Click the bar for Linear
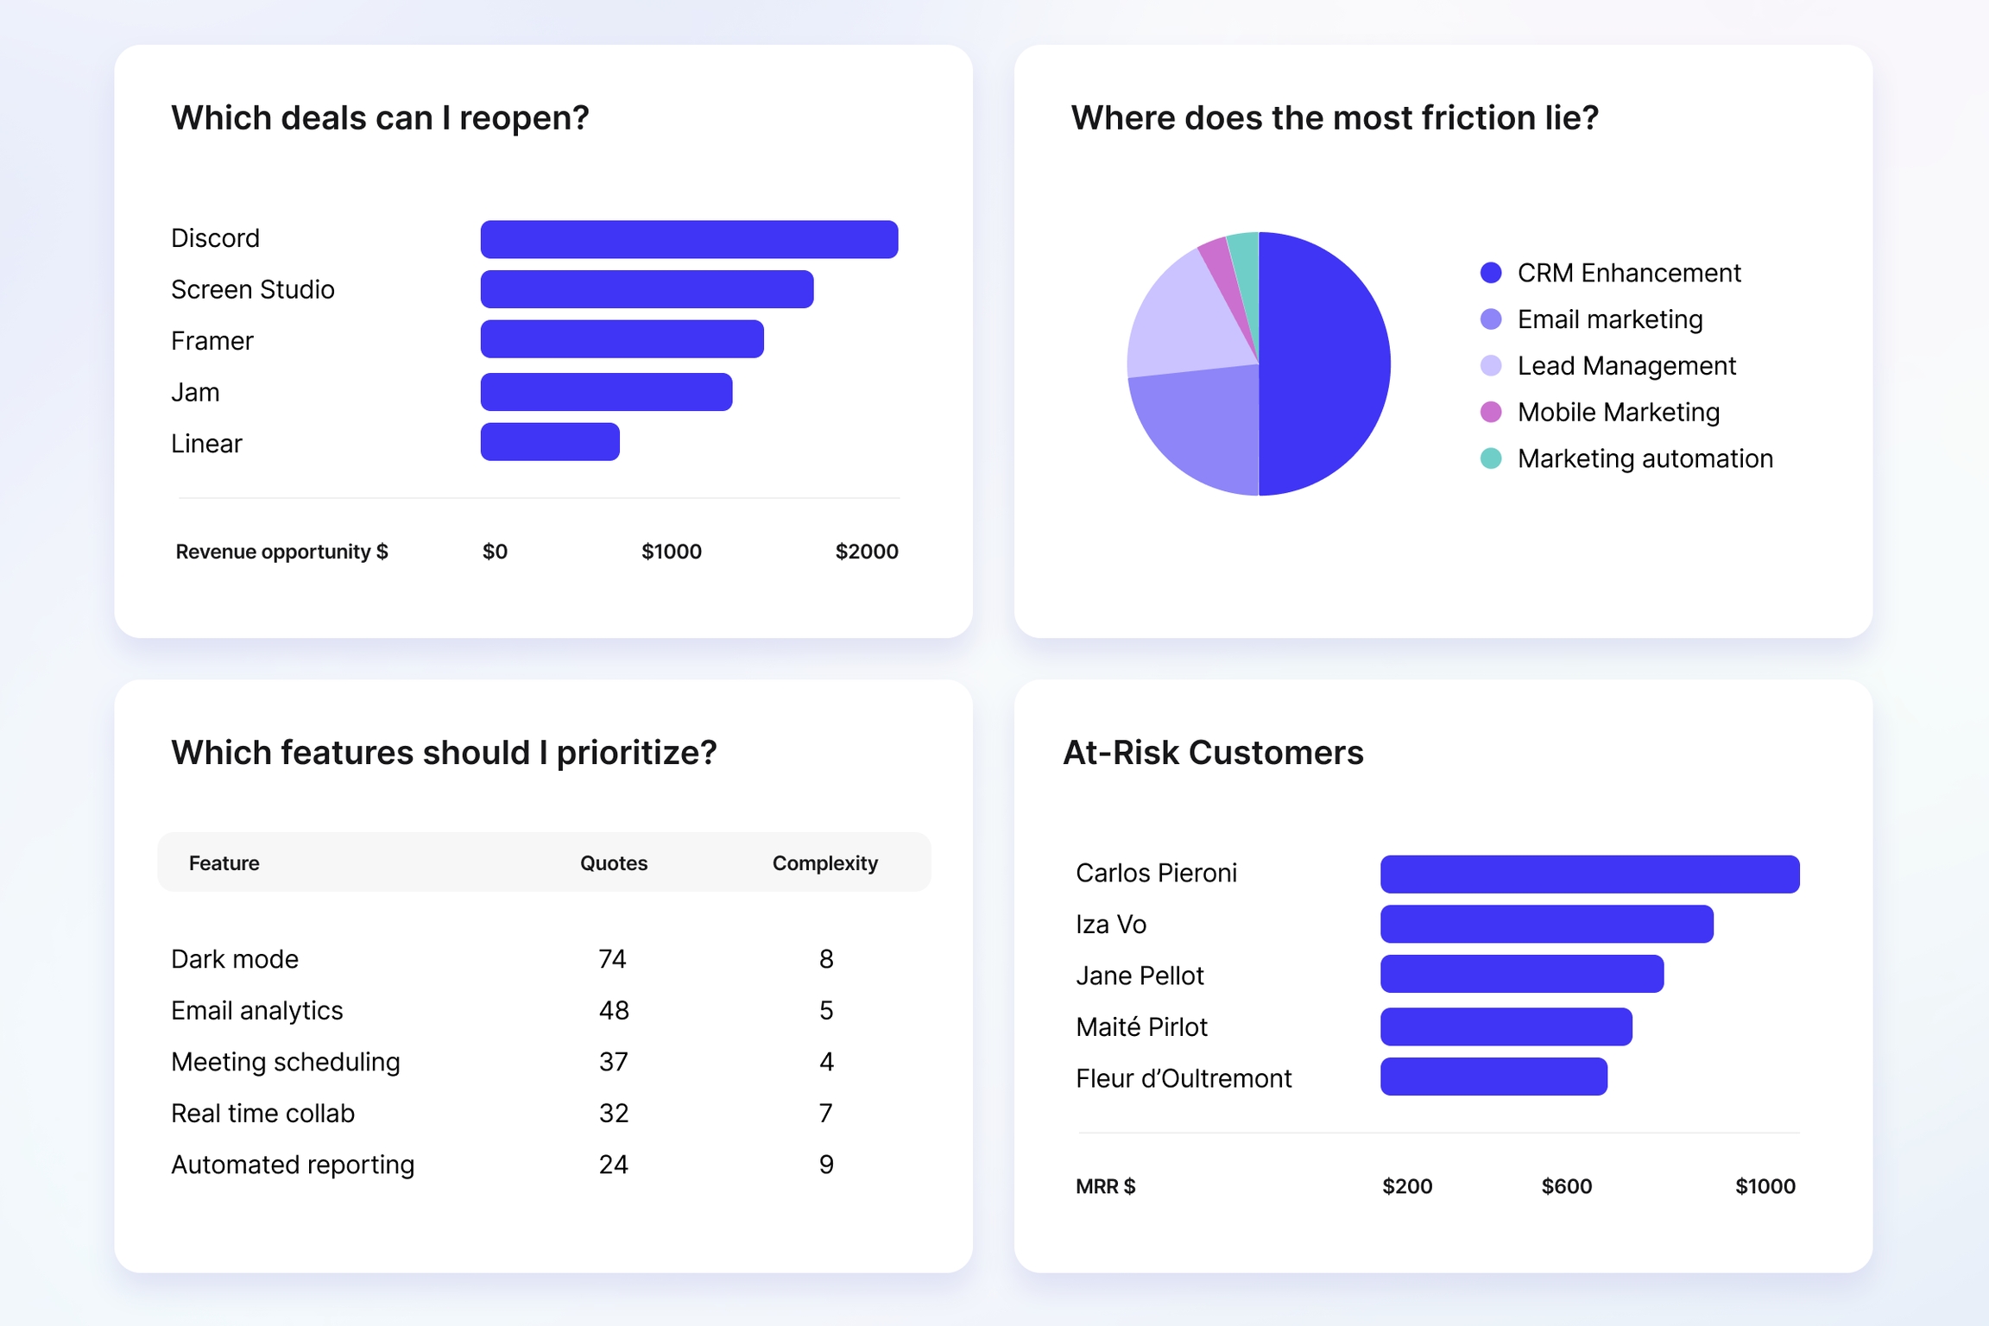(x=550, y=442)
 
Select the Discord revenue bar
(x=689, y=239)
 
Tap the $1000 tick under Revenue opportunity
(x=671, y=552)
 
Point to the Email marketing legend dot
(x=1491, y=319)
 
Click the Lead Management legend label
(x=1626, y=366)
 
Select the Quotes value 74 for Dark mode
(x=612, y=959)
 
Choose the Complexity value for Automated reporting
(x=826, y=1165)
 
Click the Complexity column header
(x=824, y=863)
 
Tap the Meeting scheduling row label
(x=286, y=1062)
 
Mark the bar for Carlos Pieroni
(x=1589, y=874)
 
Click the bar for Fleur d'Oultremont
(x=1493, y=1077)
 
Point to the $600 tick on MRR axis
(x=1566, y=1186)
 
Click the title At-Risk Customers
(x=1213, y=753)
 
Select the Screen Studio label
(x=253, y=289)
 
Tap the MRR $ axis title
(x=1105, y=1186)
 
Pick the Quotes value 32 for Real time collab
(x=613, y=1114)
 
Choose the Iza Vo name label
(x=1111, y=925)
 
